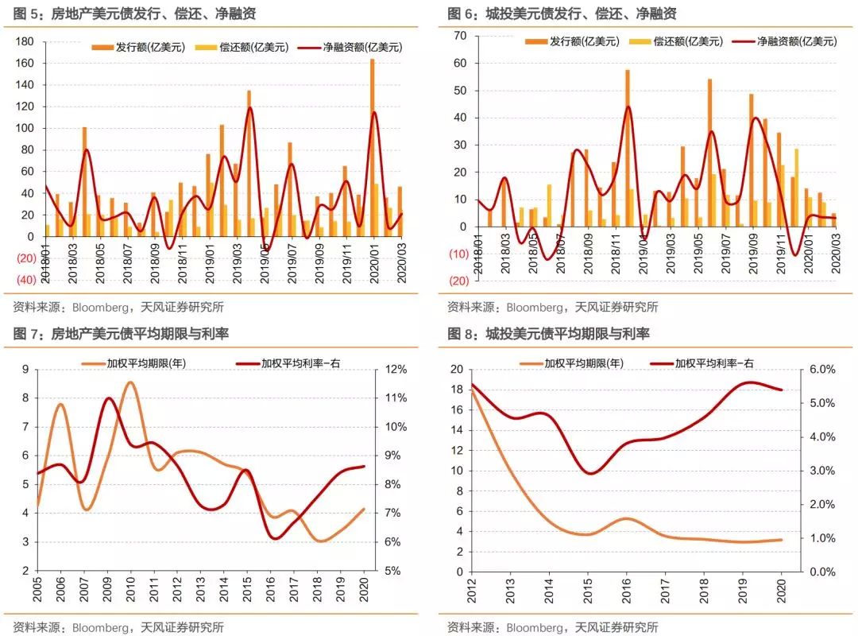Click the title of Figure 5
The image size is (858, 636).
pyautogui.click(x=131, y=14)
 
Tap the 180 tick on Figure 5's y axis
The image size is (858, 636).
pyautogui.click(x=25, y=41)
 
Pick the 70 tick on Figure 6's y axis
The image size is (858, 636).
pyautogui.click(x=460, y=36)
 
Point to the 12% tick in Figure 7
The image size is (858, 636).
pyautogui.click(x=396, y=370)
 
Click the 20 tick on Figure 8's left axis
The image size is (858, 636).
pyautogui.click(x=456, y=370)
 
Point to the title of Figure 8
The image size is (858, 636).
pyautogui.click(x=548, y=334)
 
